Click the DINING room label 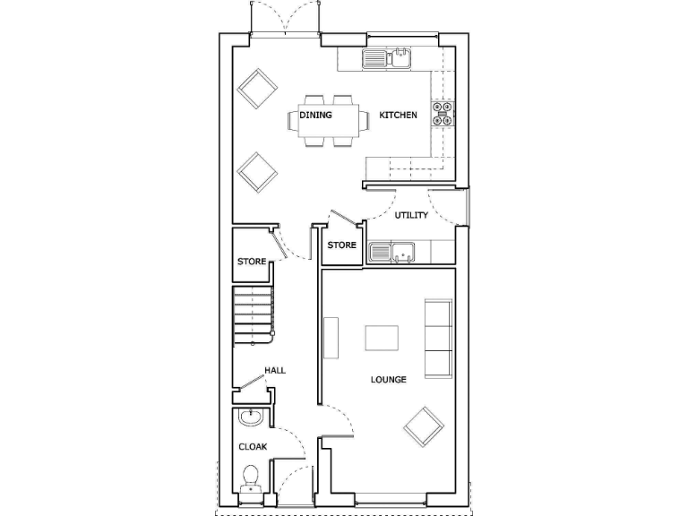tap(315, 115)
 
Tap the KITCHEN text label tap(398, 115)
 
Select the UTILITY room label tap(411, 215)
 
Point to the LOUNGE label tap(389, 380)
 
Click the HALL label tap(274, 370)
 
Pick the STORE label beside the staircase tap(252, 262)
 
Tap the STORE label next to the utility tap(341, 245)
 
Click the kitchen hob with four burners tap(443, 115)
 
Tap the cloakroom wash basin tap(249, 418)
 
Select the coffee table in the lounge tap(382, 338)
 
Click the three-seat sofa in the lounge tap(438, 338)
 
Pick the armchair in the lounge tap(424, 427)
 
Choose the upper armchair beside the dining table tap(259, 89)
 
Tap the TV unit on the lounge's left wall tap(331, 338)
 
